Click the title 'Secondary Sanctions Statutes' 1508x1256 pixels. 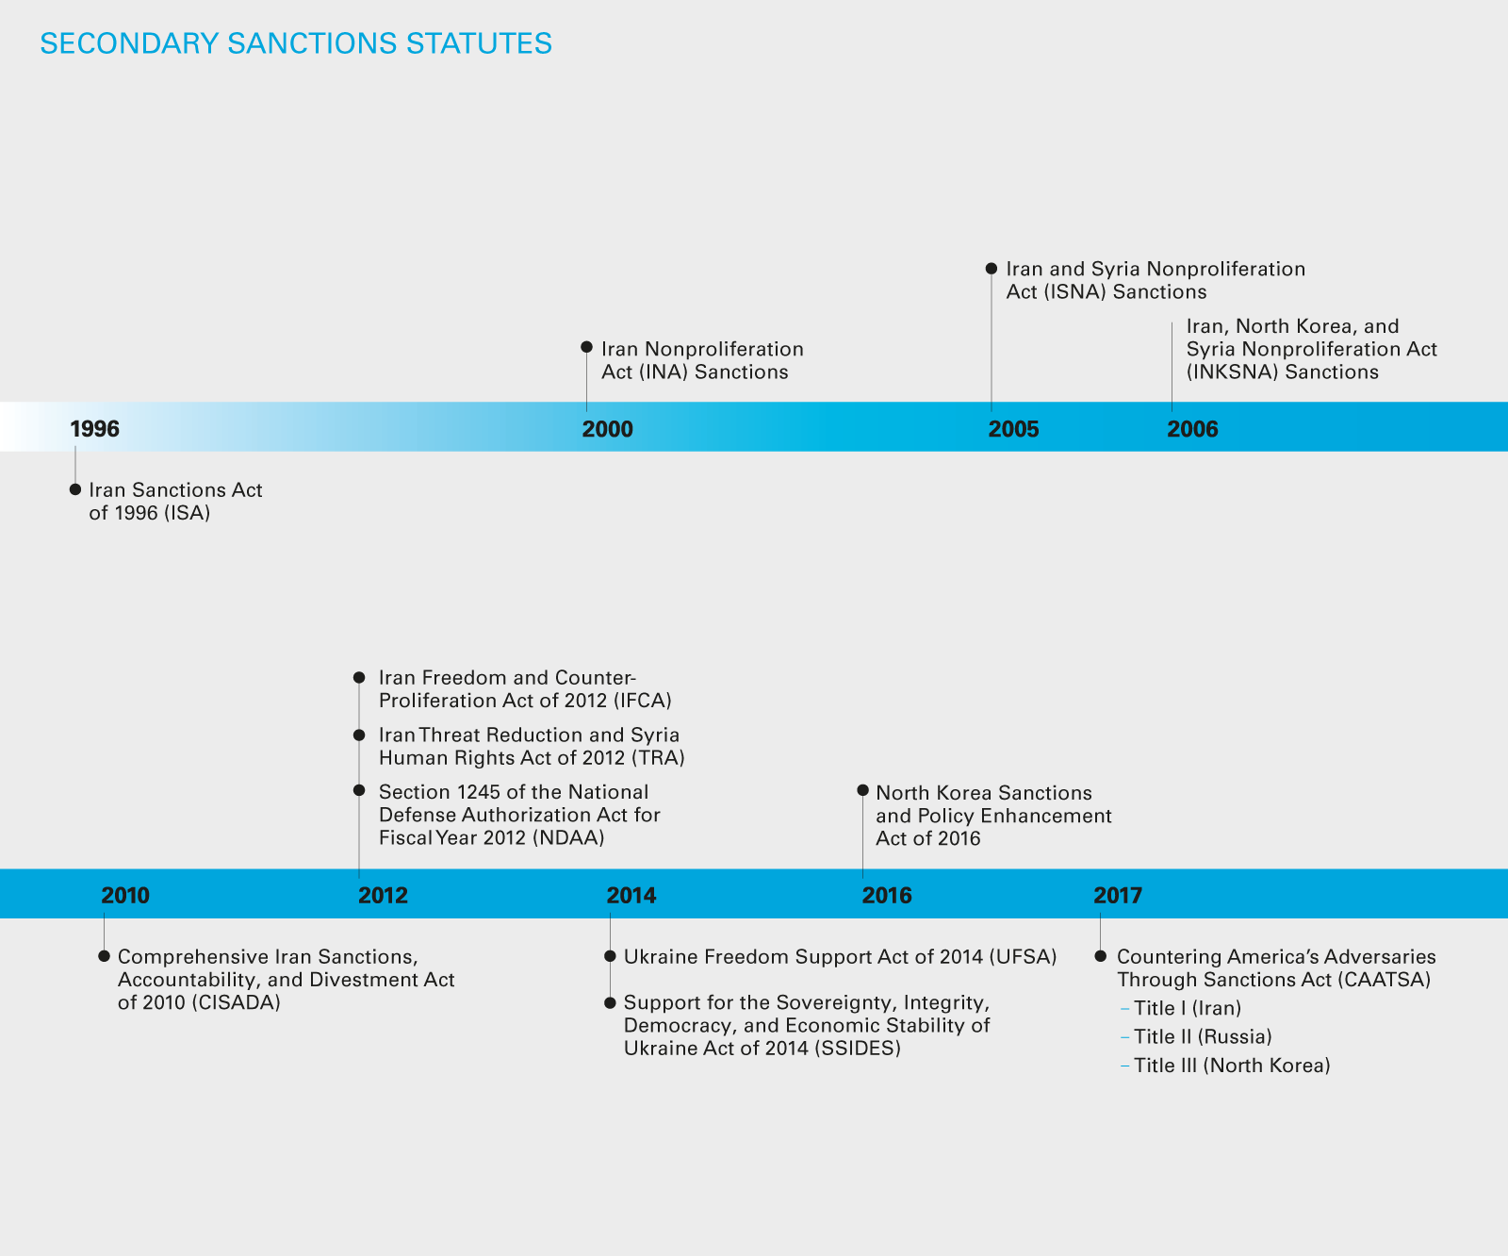(x=296, y=44)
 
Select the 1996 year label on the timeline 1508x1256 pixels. (x=94, y=429)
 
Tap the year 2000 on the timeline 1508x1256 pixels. (x=607, y=429)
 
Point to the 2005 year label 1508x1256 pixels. (x=1013, y=429)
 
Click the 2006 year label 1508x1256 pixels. (x=1192, y=429)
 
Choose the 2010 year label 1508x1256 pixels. (x=125, y=895)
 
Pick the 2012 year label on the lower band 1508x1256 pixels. (x=383, y=895)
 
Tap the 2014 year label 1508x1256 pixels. (x=631, y=895)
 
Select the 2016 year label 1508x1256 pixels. (x=887, y=895)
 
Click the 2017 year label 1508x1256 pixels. (x=1118, y=895)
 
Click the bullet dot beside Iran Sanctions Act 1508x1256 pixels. (x=75, y=489)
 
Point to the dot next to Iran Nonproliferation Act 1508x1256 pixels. (x=586, y=348)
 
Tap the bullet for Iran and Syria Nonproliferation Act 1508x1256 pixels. (x=992, y=269)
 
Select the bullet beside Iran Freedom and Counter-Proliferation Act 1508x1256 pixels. (x=359, y=678)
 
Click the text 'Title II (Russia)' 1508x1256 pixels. (x=1203, y=1037)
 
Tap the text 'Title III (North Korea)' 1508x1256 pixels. (x=1232, y=1066)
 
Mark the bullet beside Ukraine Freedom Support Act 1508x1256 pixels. (x=610, y=957)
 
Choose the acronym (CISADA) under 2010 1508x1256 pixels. (x=237, y=1002)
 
